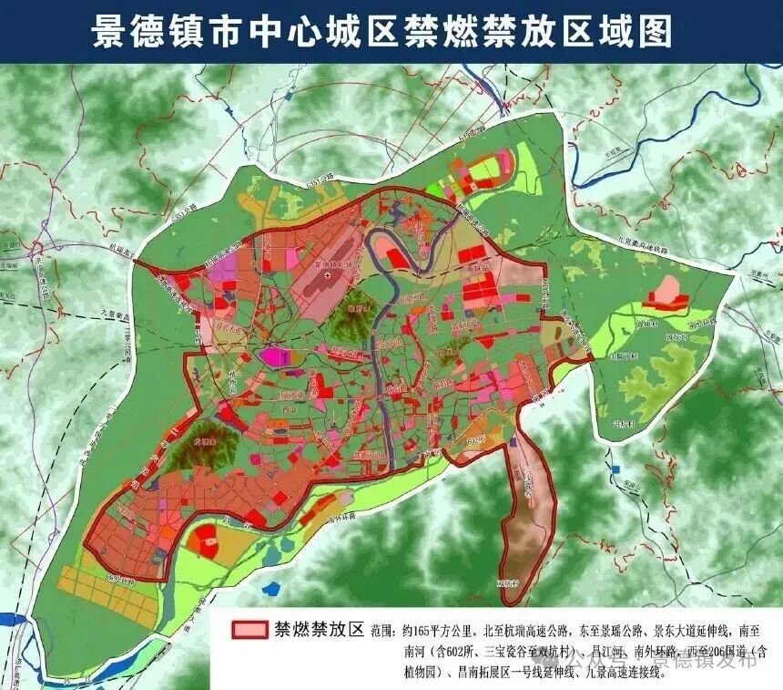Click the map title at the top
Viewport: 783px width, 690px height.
381,31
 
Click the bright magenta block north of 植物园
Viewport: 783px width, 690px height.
270,356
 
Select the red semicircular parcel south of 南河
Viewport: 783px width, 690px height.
206,539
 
